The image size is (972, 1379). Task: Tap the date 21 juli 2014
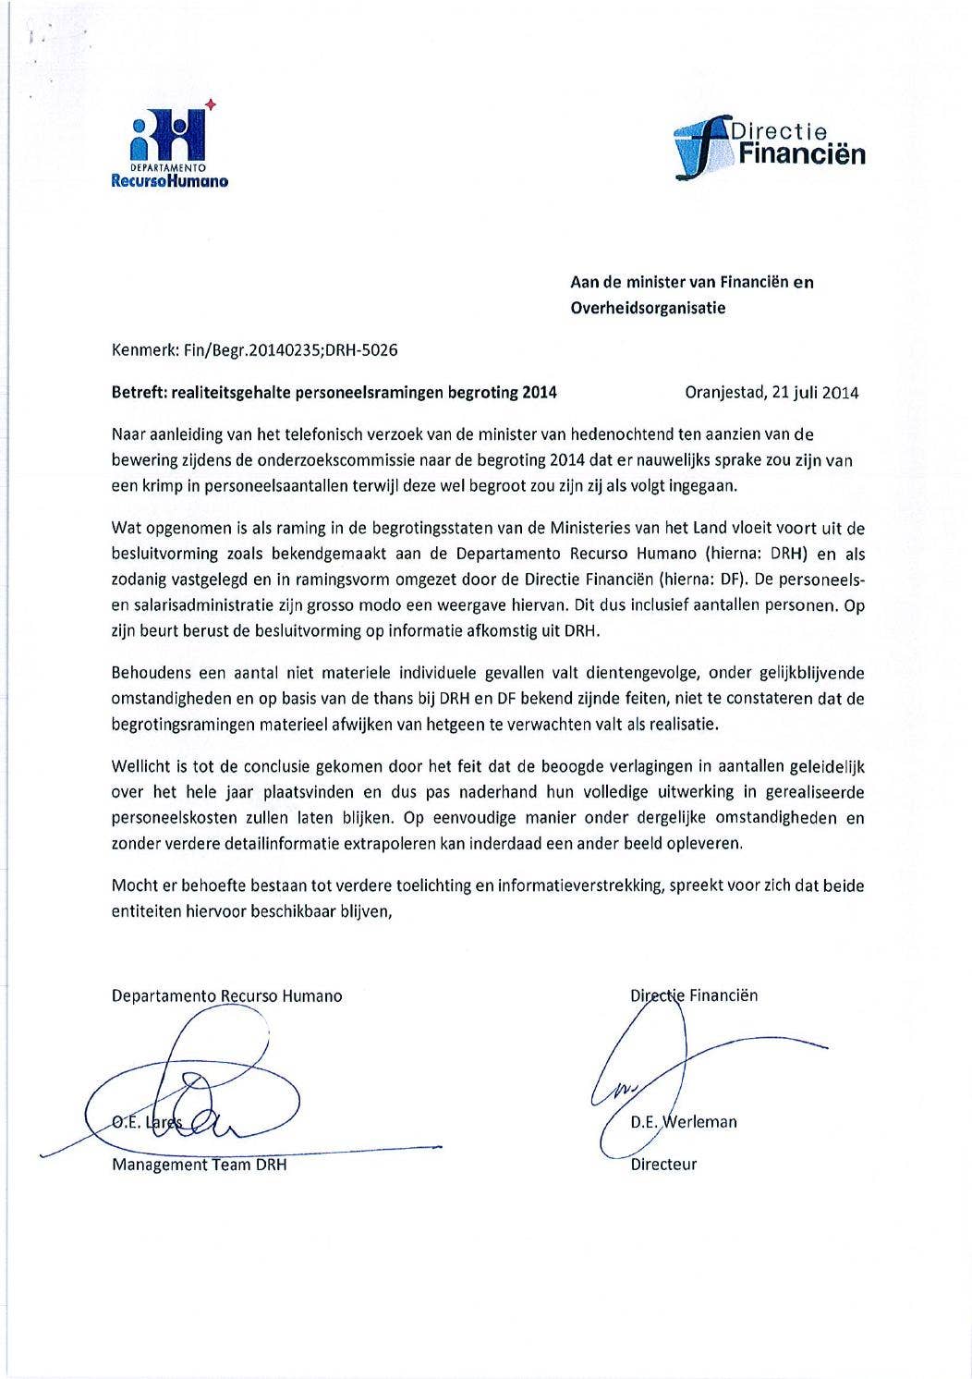(814, 392)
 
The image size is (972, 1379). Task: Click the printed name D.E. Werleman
(684, 1123)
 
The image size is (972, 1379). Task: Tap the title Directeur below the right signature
(663, 1165)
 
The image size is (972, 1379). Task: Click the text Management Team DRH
(199, 1165)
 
